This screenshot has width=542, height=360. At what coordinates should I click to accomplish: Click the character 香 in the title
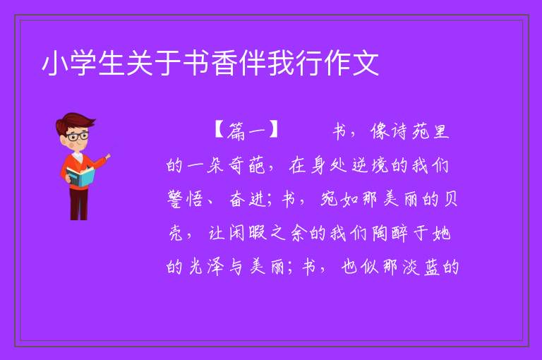(x=224, y=64)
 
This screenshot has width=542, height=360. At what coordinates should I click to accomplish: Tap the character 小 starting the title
(x=55, y=64)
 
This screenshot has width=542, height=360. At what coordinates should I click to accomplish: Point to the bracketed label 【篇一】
(x=246, y=131)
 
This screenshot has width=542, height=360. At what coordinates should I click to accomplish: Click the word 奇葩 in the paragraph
(x=246, y=165)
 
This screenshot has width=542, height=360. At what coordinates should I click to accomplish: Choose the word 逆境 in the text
(x=371, y=165)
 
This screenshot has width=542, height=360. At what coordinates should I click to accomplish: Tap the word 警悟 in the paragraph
(x=185, y=199)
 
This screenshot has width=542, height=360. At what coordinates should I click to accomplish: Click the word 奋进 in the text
(x=248, y=199)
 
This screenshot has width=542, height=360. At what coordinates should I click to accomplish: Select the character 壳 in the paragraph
(x=176, y=233)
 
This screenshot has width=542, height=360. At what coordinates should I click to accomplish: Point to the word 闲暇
(x=247, y=233)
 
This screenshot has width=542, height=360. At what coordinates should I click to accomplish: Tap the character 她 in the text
(x=441, y=233)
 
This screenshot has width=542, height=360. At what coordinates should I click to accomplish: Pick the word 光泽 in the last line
(x=205, y=267)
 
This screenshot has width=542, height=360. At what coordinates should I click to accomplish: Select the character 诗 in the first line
(x=399, y=131)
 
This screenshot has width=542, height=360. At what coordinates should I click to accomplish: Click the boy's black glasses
(x=77, y=136)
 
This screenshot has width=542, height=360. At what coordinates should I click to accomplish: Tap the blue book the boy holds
(x=80, y=176)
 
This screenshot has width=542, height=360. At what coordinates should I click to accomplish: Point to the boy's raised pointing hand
(x=107, y=157)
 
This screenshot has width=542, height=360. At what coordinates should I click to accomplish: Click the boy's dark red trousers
(x=79, y=204)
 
